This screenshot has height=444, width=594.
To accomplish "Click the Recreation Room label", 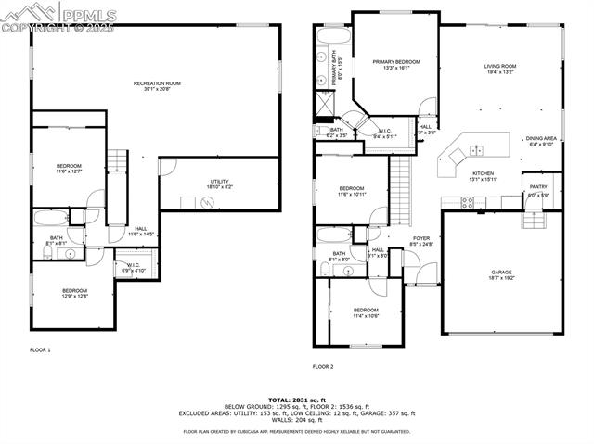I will pyautogui.click(x=156, y=86).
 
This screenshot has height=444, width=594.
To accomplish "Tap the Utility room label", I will pyautogui.click(x=219, y=184).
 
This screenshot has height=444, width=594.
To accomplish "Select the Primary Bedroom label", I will pyautogui.click(x=396, y=64).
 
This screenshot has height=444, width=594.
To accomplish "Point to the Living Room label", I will pyautogui.click(x=499, y=68).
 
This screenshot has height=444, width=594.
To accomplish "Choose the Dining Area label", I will pyautogui.click(x=541, y=141).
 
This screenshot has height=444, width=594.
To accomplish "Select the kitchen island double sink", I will pyautogui.click(x=477, y=150).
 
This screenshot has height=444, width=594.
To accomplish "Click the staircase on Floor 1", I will pyautogui.click(x=117, y=165).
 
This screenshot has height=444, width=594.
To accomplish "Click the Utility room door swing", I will pyautogui.click(x=167, y=167).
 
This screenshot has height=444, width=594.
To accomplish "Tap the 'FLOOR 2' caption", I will pyautogui.click(x=323, y=367).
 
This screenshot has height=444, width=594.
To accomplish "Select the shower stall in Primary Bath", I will pyautogui.click(x=326, y=107).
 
